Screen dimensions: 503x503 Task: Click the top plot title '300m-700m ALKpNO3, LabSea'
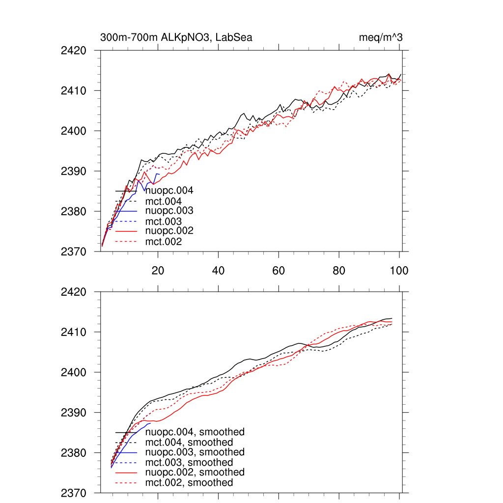[x=176, y=37]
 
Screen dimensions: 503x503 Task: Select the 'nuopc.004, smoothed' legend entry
[x=195, y=432]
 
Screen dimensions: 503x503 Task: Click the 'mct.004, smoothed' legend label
[x=189, y=443]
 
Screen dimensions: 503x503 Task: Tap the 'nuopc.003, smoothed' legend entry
[x=195, y=452]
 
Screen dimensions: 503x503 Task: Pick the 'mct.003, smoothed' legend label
[x=189, y=463]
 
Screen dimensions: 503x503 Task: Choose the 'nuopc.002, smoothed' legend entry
[x=195, y=472]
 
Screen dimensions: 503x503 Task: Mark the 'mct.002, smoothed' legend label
[x=189, y=483]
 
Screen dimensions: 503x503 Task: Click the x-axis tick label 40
[x=218, y=271]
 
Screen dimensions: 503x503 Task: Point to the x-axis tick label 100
[x=399, y=271]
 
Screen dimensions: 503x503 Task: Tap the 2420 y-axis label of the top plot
[x=74, y=51]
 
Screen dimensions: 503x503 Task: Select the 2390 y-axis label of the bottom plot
[x=74, y=413]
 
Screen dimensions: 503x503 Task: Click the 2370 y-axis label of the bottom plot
[x=74, y=493]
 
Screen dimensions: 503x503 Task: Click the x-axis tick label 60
[x=279, y=271]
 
